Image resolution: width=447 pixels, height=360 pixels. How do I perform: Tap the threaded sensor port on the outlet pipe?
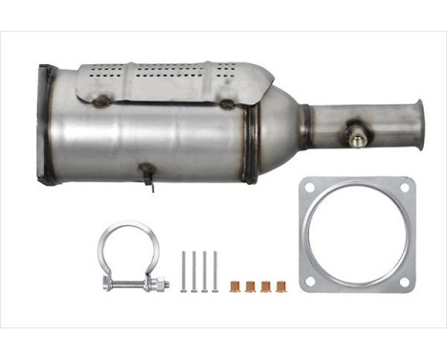[356, 139]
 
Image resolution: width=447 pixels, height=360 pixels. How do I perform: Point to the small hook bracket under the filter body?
[146, 174]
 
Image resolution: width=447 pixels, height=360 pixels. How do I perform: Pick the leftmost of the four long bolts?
[183, 270]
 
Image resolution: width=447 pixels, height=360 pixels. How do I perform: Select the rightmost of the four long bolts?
[215, 270]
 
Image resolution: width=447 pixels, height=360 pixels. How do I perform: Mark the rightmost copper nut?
[281, 285]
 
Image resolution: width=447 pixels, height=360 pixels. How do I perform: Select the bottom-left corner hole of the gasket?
[309, 281]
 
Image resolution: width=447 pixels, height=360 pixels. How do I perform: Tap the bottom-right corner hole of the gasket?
[405, 281]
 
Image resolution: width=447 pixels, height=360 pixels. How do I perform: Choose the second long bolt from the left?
[193, 270]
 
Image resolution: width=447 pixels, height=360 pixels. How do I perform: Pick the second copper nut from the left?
[252, 285]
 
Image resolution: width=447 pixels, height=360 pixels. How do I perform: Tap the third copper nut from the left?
[266, 285]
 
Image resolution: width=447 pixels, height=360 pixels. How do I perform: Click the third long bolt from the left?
[205, 270]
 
